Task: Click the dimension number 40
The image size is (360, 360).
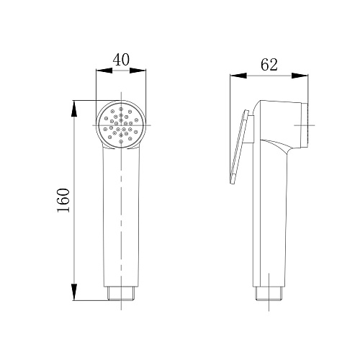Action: (x=121, y=60)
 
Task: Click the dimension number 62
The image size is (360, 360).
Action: (x=269, y=64)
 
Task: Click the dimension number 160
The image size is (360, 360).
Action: (x=63, y=200)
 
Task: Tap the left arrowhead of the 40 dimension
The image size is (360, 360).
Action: (x=104, y=71)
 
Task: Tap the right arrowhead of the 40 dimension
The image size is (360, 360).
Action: (x=138, y=71)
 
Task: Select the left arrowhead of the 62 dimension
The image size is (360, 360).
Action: (x=238, y=76)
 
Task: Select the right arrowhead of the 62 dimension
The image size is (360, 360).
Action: (x=300, y=76)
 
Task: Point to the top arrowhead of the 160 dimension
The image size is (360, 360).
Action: (x=74, y=109)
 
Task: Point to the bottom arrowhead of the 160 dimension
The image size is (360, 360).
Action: (x=74, y=292)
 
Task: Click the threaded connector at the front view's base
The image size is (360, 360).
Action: (x=121, y=293)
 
